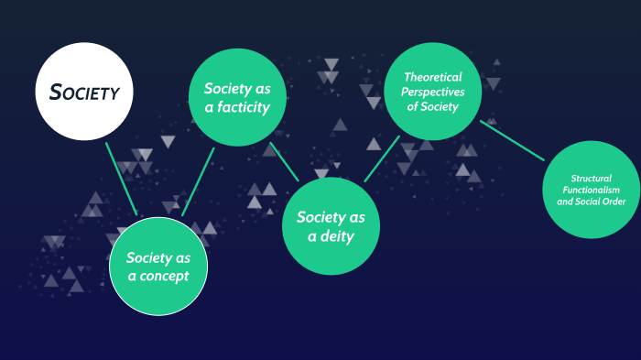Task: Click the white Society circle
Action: pyautogui.click(x=84, y=92)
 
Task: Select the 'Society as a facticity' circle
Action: pyautogui.click(x=236, y=98)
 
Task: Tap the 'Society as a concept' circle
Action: pyautogui.click(x=158, y=266)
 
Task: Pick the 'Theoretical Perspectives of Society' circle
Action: pyautogui.click(x=433, y=92)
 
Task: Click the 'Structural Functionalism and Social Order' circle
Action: pyautogui.click(x=591, y=190)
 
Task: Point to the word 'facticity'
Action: pyautogui.click(x=243, y=107)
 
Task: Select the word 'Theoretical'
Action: pyautogui.click(x=433, y=78)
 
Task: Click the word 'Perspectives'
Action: pyautogui.click(x=434, y=93)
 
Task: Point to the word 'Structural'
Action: pyautogui.click(x=591, y=178)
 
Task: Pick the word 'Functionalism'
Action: pyautogui.click(x=591, y=190)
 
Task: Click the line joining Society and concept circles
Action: pyautogui.click(x=121, y=178)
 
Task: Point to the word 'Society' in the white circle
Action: pyautogui.click(x=84, y=93)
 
